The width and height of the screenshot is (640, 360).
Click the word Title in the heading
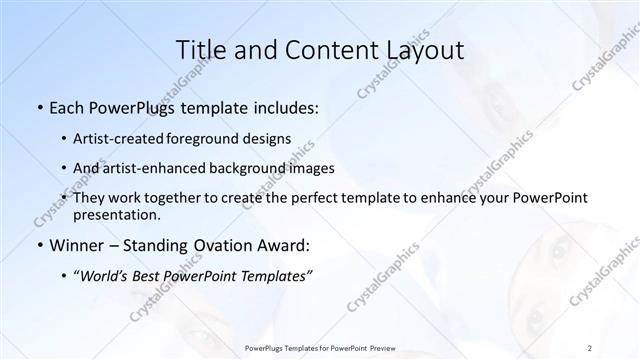point(201,50)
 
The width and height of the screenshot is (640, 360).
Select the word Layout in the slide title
point(423,50)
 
